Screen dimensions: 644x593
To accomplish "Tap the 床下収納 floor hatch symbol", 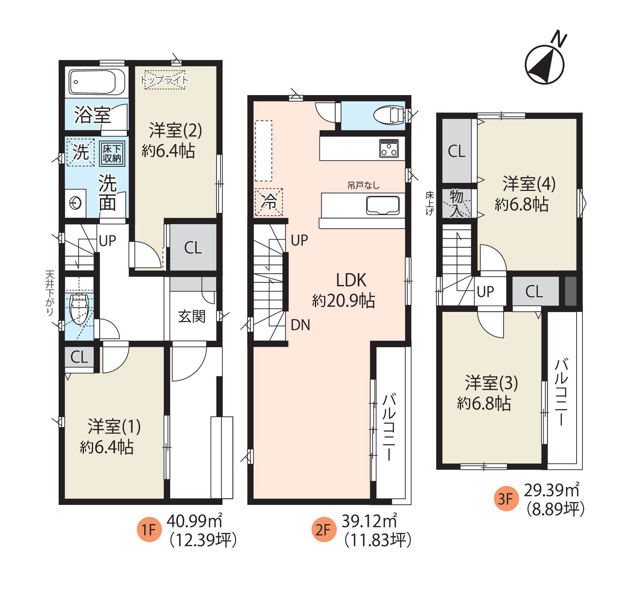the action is point(112,153).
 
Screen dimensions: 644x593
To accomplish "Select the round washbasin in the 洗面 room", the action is point(75,203).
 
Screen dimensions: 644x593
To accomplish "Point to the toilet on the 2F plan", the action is point(388,115).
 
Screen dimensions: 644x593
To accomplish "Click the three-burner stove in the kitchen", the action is point(389,148).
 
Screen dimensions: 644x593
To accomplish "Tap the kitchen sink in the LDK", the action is point(383,205).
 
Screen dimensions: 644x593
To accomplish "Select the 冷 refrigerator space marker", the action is point(269,202).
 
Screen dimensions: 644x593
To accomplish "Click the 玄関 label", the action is point(192,316).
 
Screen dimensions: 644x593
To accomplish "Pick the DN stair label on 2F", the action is point(300,325).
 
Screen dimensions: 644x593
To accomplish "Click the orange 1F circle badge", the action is point(149,529).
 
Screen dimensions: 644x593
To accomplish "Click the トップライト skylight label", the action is point(164,80).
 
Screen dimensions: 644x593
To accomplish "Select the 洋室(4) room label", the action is point(529,184).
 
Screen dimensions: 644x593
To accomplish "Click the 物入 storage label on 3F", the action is point(456,203).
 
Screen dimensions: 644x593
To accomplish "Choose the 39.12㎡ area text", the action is point(369,521).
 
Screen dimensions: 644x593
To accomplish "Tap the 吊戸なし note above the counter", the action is point(363,185).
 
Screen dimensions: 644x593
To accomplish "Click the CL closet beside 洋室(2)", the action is point(193,248).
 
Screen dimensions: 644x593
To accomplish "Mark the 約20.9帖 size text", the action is point(344,300).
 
